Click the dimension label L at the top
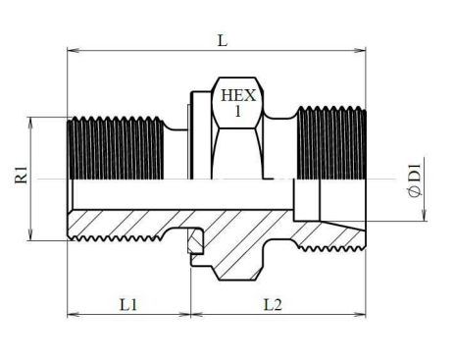pos(223,41)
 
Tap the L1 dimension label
pos(128,305)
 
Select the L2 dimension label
pos(273,305)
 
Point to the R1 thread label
pos(22,175)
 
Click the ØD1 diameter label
pos(415,180)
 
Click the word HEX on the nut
pos(238,96)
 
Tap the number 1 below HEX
pos(238,112)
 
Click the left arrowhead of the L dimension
pos(74,50)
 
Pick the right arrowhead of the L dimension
pos(360,50)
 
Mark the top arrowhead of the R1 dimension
pos(30,123)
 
